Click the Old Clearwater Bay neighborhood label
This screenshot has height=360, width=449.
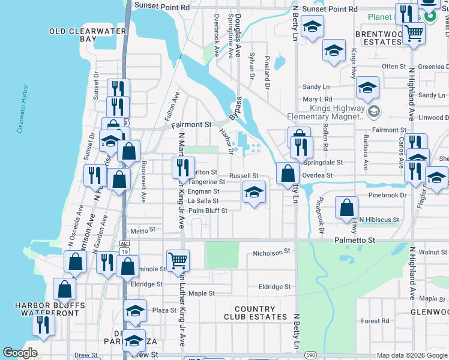88,35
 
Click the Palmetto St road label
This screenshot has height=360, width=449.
354,240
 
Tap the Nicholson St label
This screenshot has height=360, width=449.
271,253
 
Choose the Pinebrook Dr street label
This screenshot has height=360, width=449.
387,195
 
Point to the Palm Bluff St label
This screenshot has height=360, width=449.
208,211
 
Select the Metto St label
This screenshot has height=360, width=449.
143,230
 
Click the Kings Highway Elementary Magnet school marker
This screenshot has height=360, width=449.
374,112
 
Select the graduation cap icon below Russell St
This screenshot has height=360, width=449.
254,193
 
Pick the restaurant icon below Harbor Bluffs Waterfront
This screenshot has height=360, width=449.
43,325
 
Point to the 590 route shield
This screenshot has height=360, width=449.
310,355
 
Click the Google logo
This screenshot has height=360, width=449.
20,353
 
